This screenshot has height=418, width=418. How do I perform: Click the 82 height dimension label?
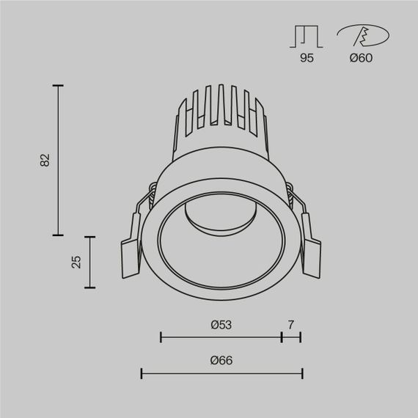45,160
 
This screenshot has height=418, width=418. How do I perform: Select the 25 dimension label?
76,262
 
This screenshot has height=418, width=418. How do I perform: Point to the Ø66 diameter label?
221,360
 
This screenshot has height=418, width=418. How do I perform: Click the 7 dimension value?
291,323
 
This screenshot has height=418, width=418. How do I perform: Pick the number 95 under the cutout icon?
307,58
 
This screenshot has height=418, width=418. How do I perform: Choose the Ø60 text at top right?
361,58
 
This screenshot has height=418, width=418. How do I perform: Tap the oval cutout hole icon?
361,35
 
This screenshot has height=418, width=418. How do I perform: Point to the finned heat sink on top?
219,114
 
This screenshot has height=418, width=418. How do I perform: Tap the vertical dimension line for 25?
90,262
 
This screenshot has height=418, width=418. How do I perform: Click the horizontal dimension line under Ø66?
221,374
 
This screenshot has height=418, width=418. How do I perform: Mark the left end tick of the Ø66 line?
142,374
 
